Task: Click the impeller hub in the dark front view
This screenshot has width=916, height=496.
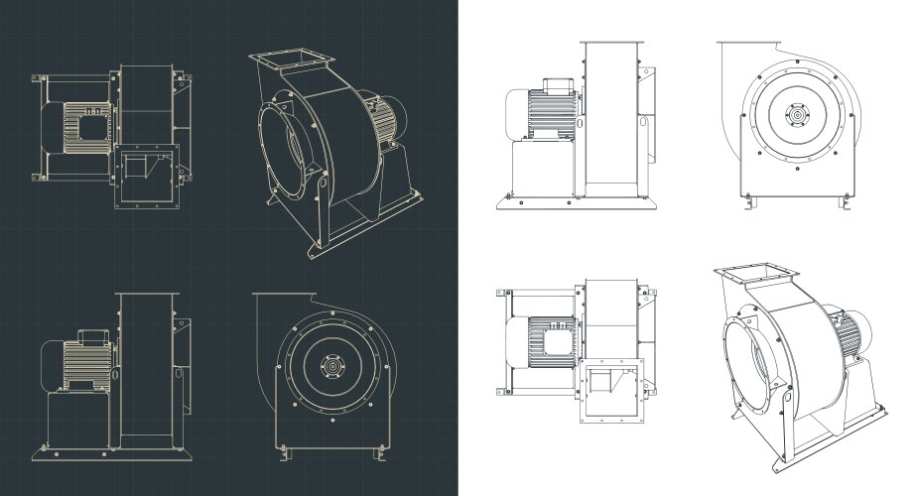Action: click(330, 368)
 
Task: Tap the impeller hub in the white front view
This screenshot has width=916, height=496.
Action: click(795, 116)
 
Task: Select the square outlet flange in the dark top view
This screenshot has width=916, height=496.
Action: click(147, 177)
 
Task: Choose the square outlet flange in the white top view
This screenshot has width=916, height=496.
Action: click(612, 390)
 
